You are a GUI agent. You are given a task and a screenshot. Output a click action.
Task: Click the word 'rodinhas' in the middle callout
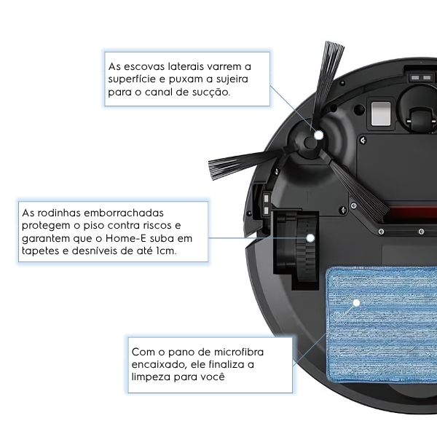[x=59, y=213]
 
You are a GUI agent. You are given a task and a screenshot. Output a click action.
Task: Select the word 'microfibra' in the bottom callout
[x=239, y=353]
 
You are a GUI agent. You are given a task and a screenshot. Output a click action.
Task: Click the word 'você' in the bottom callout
[x=213, y=377]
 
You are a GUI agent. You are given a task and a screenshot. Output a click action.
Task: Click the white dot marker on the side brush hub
[x=319, y=135]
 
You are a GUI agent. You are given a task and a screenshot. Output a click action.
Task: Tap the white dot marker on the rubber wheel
[x=310, y=238]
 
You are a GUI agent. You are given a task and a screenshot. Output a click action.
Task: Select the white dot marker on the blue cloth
[x=356, y=303]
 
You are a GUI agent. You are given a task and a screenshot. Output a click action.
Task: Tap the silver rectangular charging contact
[x=381, y=114]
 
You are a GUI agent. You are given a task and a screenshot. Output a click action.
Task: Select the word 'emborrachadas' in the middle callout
[x=124, y=213]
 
